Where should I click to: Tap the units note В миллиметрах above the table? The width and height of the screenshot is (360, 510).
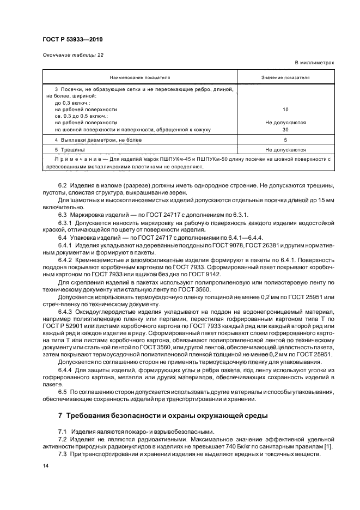tap(314, 63)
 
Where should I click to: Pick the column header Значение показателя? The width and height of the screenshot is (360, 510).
tap(285, 78)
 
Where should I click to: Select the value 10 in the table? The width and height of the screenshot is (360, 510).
tap(285, 110)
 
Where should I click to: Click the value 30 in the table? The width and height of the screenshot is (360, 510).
tap(285, 130)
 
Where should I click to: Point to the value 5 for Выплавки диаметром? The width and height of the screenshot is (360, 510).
tap(285, 140)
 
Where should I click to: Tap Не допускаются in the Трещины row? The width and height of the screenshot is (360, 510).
tap(285, 149)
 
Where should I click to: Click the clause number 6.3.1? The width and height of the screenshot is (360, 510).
tap(65, 223)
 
